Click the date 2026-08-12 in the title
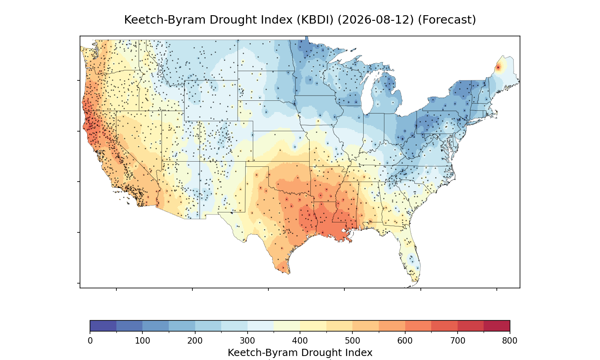[376, 20]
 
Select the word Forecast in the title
[447, 20]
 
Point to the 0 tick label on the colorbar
[90, 341]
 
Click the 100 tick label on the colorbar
[142, 341]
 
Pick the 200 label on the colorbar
[195, 341]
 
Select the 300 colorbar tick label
[248, 341]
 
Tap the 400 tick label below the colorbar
[300, 341]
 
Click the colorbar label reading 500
[352, 341]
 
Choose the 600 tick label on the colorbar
[405, 341]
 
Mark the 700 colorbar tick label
[458, 341]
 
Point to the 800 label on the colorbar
[510, 341]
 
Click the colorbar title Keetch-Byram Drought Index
[300, 353]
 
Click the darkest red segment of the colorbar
[497, 326]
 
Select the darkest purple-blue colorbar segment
[103, 326]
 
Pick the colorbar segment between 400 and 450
[313, 326]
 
